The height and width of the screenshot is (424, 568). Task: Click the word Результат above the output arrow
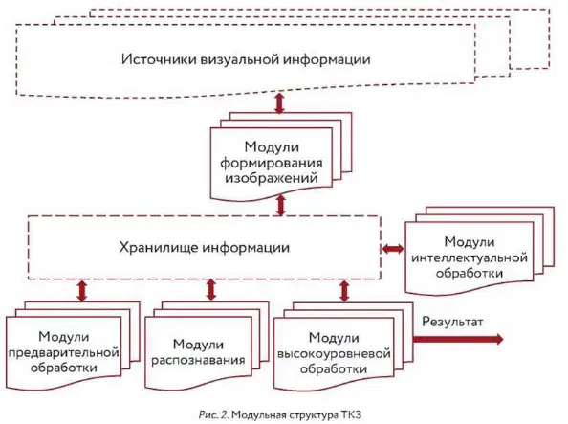[452, 322]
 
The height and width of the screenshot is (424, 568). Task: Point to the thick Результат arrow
[458, 339]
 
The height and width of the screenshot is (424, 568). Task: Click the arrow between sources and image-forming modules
[279, 103]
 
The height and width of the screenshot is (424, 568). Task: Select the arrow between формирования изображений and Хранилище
[281, 206]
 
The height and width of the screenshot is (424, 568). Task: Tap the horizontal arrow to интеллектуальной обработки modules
[393, 249]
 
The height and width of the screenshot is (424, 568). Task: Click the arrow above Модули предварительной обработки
[82, 290]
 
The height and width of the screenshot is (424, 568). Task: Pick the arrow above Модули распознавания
[210, 289]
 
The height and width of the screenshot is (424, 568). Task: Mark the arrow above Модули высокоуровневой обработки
[344, 291]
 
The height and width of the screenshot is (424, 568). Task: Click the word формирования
[272, 163]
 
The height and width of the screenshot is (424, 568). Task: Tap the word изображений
[272, 178]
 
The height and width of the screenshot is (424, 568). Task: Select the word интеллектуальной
[470, 257]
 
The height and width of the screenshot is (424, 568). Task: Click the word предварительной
[64, 352]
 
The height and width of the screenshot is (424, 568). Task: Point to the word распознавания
[198, 360]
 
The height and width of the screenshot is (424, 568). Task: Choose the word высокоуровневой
[334, 353]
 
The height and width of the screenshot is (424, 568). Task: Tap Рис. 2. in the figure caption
[213, 414]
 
